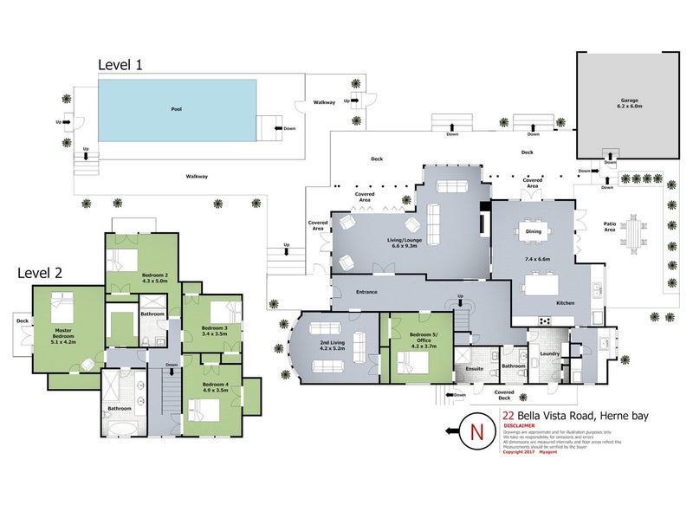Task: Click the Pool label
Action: pos(177,110)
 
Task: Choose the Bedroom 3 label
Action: pos(214,331)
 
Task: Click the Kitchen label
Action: pos(566,303)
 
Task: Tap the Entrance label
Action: pos(366,293)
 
